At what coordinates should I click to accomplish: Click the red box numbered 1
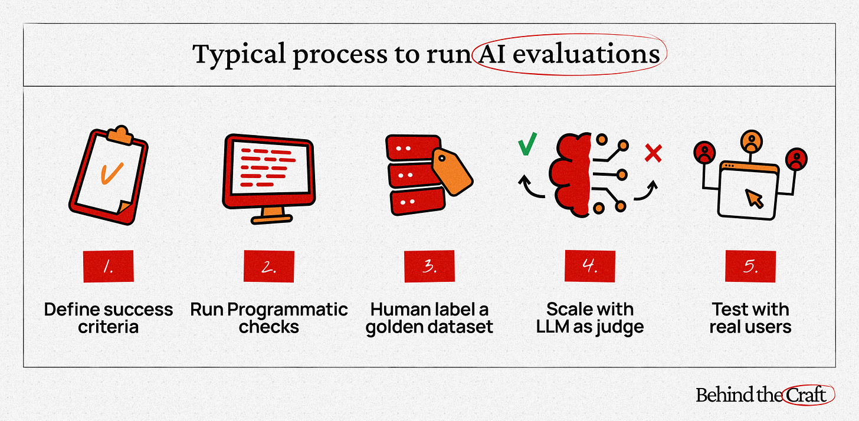pos(109,267)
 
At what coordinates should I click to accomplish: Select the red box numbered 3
pos(429,267)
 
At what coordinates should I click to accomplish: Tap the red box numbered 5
pos(750,267)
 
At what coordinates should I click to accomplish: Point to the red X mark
pos(653,153)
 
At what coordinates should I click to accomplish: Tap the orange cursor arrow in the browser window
pos(755,199)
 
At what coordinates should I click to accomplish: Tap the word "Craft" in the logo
pos(809,395)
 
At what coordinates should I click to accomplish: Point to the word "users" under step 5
pos(766,327)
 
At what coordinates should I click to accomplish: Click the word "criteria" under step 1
pos(108,327)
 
